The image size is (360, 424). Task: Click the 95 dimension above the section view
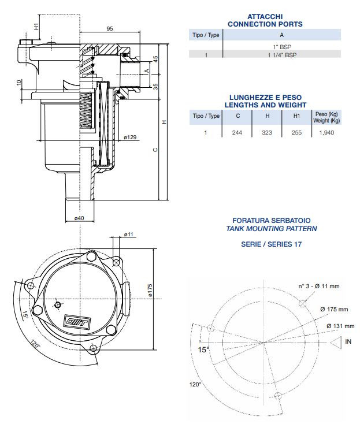(109, 29)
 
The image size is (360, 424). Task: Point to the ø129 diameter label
(130, 137)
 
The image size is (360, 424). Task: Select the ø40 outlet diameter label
(79, 217)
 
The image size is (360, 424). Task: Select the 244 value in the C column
(237, 132)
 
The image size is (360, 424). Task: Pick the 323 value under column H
(267, 132)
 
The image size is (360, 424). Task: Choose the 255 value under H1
(296, 132)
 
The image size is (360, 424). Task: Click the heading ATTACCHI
(265, 17)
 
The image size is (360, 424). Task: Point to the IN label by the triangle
(348, 341)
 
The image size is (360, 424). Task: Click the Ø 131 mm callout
(340, 326)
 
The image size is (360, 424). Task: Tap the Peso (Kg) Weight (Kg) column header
(326, 117)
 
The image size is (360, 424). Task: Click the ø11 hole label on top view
(128, 235)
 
